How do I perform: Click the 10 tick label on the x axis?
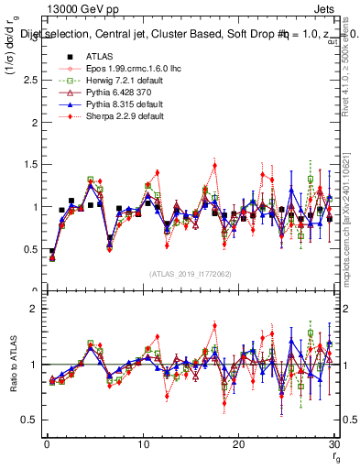[142, 444]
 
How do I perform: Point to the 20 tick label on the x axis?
[238, 444]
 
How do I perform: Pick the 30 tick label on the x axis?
[333, 444]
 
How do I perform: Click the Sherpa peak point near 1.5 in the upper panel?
[214, 166]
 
